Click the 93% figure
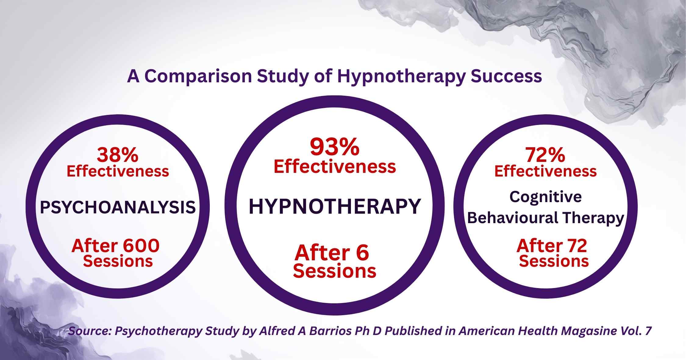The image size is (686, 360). point(334,147)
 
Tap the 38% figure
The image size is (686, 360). point(118,155)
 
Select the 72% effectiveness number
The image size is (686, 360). point(545,155)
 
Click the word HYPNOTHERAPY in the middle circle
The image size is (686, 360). point(335,206)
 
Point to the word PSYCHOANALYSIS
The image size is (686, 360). point(118,207)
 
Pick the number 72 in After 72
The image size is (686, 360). point(574,245)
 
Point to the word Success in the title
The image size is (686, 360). point(506,76)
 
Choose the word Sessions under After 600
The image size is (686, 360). point(118,261)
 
